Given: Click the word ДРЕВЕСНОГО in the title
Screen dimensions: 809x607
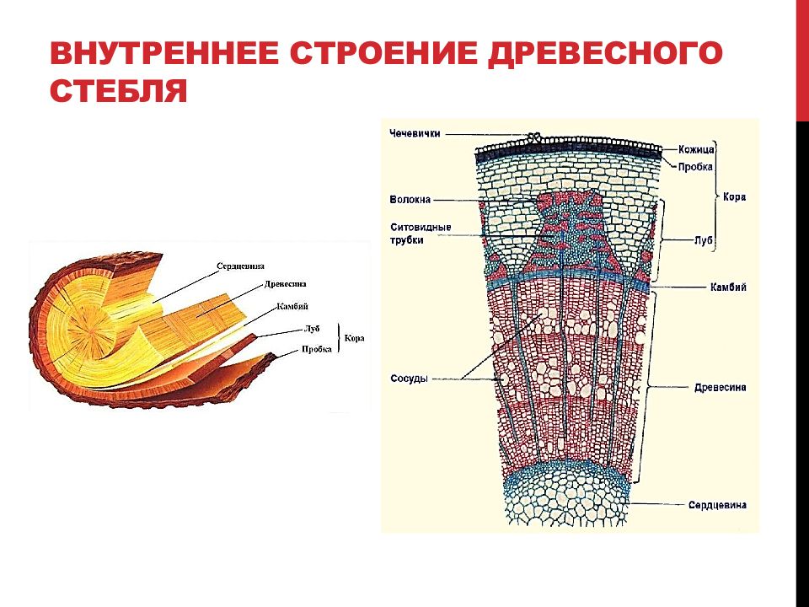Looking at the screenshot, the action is [x=604, y=54].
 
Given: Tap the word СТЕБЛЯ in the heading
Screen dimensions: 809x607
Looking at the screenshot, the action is [x=118, y=90].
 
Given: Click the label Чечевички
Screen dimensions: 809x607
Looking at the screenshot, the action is [x=415, y=134].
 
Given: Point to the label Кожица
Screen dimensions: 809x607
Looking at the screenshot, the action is [x=696, y=150].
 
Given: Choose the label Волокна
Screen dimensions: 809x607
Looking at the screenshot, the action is [x=410, y=200].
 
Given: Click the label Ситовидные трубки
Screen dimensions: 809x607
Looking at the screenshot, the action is [x=421, y=234].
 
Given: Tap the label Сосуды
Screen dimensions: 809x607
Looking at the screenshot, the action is [x=410, y=379].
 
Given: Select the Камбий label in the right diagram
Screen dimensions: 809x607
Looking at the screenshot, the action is [x=728, y=287].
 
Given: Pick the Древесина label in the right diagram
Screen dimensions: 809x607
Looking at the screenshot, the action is [x=720, y=388].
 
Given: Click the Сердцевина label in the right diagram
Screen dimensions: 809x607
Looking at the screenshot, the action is [x=717, y=505].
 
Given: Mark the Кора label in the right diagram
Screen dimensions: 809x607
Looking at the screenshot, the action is [x=734, y=197].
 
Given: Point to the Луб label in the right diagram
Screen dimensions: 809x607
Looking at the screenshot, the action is [x=703, y=240].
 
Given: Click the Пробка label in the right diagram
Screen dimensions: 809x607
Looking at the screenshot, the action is [x=695, y=167].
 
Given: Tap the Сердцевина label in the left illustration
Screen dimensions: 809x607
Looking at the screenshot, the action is [x=240, y=266].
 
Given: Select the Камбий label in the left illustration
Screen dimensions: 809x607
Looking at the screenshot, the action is [x=292, y=306].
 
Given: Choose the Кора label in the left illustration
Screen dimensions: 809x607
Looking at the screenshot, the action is [x=354, y=339].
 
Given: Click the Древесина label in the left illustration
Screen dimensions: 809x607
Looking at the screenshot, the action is [x=286, y=284].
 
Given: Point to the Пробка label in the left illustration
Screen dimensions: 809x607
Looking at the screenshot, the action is [x=317, y=349].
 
